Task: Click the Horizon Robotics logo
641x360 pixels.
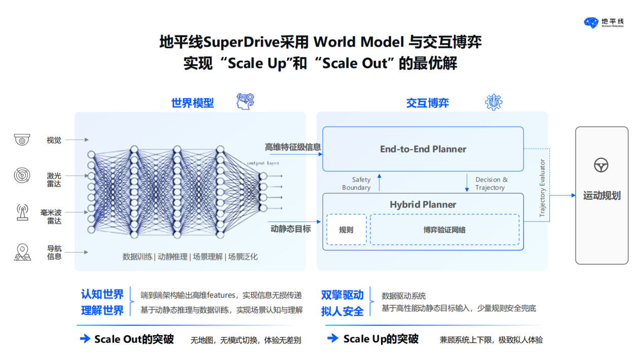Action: (x=604, y=23)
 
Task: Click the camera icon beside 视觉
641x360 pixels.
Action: (x=22, y=139)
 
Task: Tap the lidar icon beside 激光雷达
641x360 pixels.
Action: (x=22, y=175)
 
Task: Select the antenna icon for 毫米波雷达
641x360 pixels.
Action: (x=22, y=212)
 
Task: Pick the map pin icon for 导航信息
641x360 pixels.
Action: (x=22, y=252)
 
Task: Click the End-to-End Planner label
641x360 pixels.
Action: (x=423, y=149)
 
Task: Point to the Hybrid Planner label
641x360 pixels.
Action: (x=423, y=204)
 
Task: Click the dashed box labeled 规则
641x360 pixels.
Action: (x=346, y=229)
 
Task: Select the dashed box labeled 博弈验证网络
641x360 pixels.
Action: (x=444, y=229)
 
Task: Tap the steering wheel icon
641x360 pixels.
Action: (x=601, y=165)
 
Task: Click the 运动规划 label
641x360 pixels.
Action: (x=602, y=196)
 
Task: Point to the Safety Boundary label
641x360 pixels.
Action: (x=357, y=184)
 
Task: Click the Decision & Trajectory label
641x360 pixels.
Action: (x=492, y=184)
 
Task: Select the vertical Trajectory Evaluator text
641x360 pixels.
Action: (x=542, y=188)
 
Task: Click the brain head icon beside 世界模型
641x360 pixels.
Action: (x=245, y=101)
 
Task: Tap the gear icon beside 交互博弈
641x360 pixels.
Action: (x=494, y=102)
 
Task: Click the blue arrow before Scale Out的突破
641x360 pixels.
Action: (x=85, y=339)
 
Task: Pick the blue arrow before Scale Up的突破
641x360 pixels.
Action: (x=333, y=338)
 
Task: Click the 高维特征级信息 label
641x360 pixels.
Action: (x=292, y=147)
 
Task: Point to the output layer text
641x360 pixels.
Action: (x=263, y=163)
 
